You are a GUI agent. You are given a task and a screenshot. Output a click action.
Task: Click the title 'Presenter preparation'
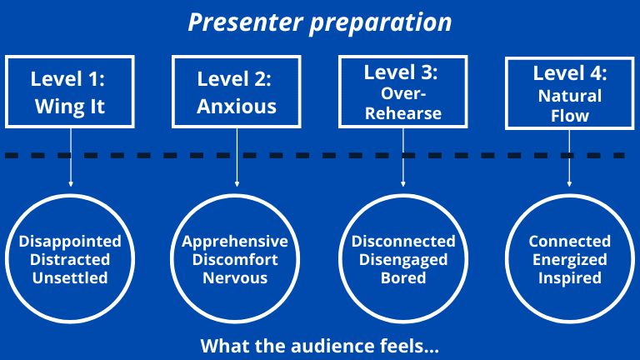pos(320,22)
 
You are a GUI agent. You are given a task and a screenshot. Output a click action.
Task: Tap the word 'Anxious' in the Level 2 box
pos(237,107)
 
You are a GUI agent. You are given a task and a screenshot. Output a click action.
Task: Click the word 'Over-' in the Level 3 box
pos(403,94)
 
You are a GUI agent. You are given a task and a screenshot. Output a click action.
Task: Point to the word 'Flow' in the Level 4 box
pos(570,116)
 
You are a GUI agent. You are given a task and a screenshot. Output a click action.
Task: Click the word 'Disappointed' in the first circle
pos(70,241)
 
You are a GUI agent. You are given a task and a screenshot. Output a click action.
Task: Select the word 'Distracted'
pos(70,260)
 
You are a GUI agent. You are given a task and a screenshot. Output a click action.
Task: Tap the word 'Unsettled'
pos(70,278)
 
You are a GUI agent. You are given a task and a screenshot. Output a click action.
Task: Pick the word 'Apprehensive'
pos(235,241)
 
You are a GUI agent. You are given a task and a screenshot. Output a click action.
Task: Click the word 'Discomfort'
pos(235,260)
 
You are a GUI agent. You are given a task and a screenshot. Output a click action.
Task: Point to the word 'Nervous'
pos(235,278)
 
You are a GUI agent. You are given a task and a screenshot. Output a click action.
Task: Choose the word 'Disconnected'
pos(403,241)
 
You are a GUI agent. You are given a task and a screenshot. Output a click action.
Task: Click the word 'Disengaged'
pos(403,260)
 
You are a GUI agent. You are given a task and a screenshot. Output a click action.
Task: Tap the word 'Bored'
pos(403,278)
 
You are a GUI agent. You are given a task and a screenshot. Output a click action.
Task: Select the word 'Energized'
pos(570,260)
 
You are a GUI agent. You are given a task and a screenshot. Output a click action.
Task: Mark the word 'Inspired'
pos(570,278)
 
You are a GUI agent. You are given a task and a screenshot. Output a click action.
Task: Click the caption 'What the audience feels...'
pos(320,346)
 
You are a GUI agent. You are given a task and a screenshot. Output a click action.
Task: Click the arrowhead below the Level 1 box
pos(71,184)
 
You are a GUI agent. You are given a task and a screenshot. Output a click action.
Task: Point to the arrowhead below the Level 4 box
pos(569,184)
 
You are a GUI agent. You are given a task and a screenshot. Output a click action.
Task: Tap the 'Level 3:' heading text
pos(401,72)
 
